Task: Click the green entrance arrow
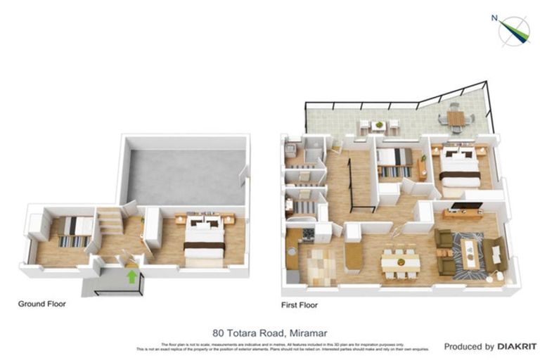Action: [x=131, y=276]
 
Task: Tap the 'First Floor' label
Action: [x=299, y=305]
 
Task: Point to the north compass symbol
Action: [x=514, y=30]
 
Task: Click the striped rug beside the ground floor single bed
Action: [x=73, y=241]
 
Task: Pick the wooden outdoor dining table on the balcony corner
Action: [x=456, y=119]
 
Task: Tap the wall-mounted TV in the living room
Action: [x=466, y=205]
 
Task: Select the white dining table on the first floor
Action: [x=400, y=262]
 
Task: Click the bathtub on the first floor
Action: [x=304, y=231]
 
